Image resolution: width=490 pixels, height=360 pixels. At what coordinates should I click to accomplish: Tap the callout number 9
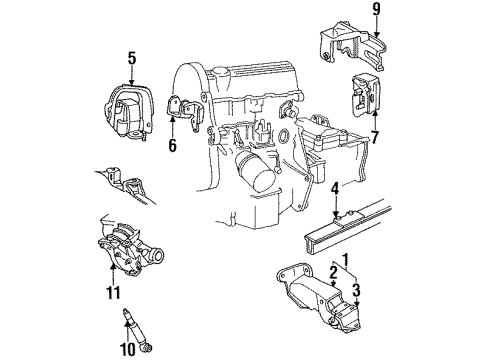click(378, 11)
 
